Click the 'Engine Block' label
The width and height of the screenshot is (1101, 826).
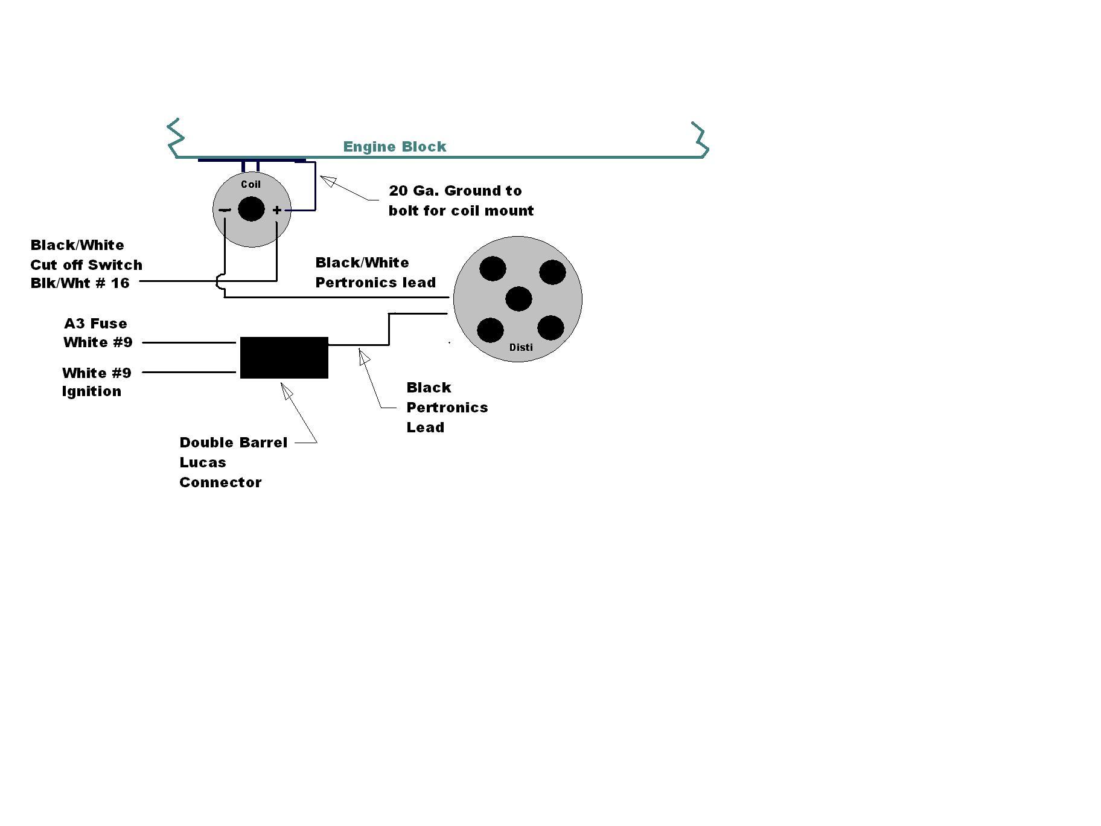pyautogui.click(x=395, y=147)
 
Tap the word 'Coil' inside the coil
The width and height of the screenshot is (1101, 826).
pyautogui.click(x=251, y=184)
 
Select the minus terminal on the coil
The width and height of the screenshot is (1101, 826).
pyautogui.click(x=225, y=210)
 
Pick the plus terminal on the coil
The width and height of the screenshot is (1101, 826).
pyautogui.click(x=276, y=210)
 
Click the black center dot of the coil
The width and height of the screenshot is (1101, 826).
pyautogui.click(x=251, y=210)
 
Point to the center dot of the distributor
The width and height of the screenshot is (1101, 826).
pyautogui.click(x=519, y=299)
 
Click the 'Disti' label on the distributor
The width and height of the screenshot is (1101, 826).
pyautogui.click(x=521, y=347)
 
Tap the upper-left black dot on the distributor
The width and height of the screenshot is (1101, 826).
pyautogui.click(x=493, y=269)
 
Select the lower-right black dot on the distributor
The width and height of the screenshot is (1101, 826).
pyautogui.click(x=550, y=328)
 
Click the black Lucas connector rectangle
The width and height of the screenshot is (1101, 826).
pyautogui.click(x=284, y=357)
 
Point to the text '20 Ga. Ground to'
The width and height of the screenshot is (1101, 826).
pyautogui.click(x=455, y=191)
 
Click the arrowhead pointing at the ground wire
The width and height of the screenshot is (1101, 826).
pyautogui.click(x=327, y=180)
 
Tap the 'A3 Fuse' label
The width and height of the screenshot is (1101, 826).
pyautogui.click(x=95, y=324)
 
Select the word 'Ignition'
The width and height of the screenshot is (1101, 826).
pyautogui.click(x=92, y=391)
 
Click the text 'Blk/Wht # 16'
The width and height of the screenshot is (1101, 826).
pyautogui.click(x=80, y=283)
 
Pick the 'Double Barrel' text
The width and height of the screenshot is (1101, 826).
pyautogui.click(x=233, y=443)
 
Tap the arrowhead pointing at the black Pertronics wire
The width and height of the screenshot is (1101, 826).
pyautogui.click(x=364, y=357)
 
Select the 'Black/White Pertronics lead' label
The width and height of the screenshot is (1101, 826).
pyautogui.click(x=375, y=272)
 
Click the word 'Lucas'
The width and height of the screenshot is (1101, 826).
pyautogui.click(x=203, y=463)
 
